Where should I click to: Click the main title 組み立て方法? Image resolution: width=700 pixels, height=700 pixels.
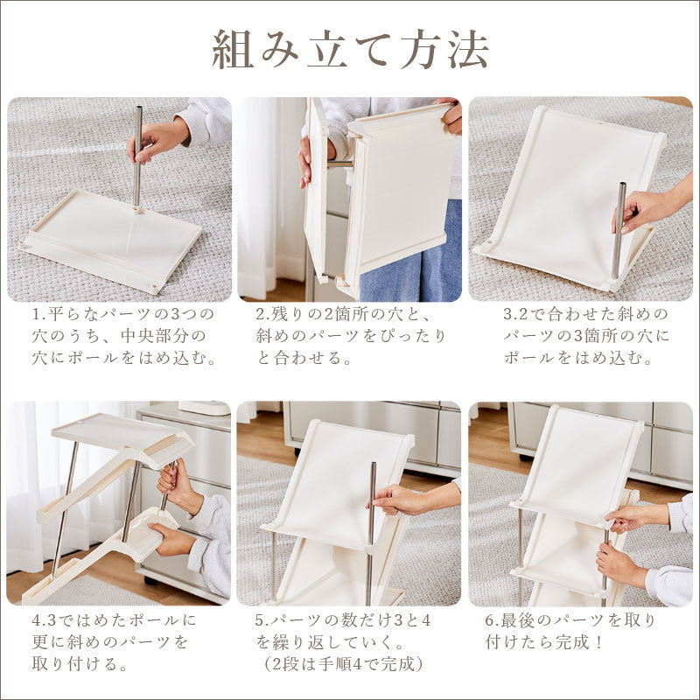point(350,50)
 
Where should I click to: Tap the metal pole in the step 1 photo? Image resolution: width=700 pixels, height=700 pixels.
point(137,157)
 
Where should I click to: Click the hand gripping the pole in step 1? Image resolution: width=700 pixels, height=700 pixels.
point(157,140)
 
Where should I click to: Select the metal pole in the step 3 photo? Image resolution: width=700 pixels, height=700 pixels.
point(619,230)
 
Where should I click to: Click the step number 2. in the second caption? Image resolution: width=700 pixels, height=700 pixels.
point(263,314)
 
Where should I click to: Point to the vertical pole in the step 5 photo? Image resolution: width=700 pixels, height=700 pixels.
point(370,534)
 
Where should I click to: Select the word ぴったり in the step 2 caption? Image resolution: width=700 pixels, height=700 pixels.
point(412,336)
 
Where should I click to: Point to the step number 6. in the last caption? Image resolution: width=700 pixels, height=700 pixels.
point(493,620)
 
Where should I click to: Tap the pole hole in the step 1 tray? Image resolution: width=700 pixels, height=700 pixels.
point(137,208)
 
